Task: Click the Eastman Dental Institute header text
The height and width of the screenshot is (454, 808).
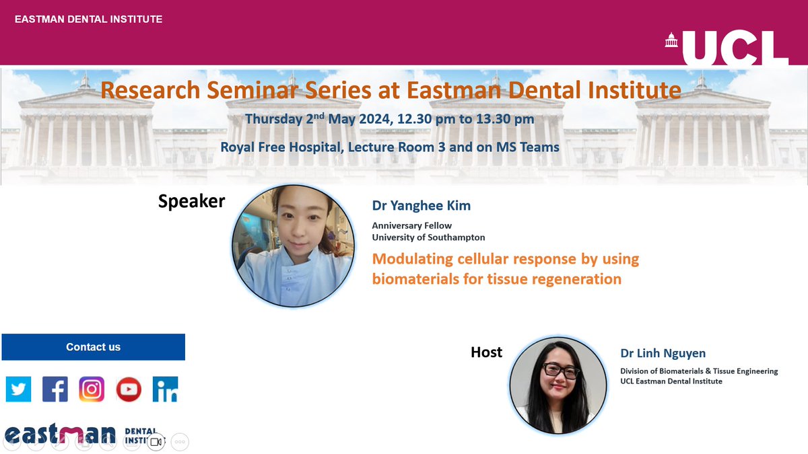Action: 88,19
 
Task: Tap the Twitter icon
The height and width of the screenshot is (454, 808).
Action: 18,389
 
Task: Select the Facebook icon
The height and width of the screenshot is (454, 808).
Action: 55,389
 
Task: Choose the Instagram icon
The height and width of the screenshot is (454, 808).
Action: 92,389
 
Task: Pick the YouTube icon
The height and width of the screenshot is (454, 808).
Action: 128,389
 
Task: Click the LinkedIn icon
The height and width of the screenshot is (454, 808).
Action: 165,389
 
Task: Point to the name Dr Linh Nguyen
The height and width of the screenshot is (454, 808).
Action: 663,353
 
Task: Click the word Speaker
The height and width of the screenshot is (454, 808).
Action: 191,201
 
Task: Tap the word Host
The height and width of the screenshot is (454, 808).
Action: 486,352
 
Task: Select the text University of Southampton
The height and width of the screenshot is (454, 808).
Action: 428,237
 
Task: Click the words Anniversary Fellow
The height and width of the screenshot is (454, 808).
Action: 411,225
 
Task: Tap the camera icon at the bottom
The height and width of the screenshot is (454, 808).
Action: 156,442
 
